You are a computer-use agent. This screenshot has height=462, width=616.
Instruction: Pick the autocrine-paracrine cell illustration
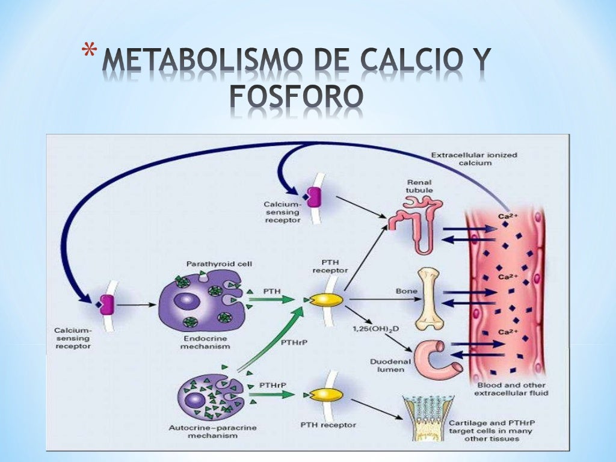point(208,398)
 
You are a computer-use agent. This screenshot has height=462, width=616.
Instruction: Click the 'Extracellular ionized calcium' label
point(473,159)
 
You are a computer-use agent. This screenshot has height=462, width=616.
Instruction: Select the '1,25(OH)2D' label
point(373,330)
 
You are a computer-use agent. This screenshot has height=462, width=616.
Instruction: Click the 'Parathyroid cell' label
point(211,263)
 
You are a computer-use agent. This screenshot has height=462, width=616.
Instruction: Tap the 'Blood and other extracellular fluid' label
point(511,389)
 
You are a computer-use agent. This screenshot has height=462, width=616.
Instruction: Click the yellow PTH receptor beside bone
point(325,300)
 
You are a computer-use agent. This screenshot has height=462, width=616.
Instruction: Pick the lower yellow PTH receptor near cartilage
point(325,395)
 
